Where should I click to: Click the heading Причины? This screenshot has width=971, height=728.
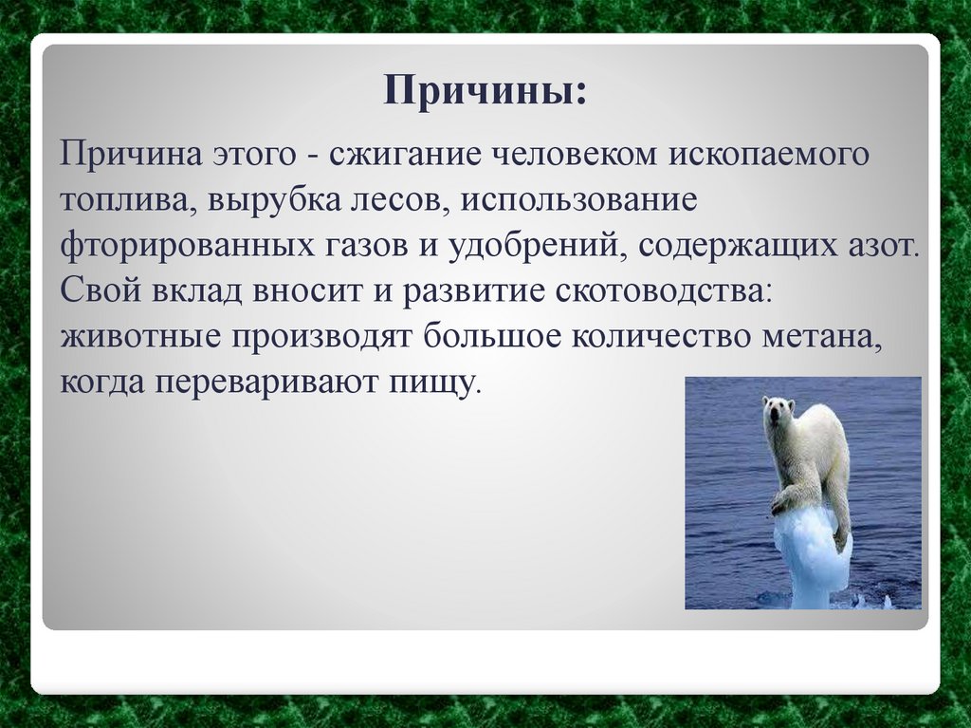click(x=485, y=93)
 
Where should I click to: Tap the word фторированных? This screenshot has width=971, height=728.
click(x=182, y=247)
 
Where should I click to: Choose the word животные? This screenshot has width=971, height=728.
click(x=135, y=337)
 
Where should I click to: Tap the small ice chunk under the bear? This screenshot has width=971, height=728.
click(x=812, y=555)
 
